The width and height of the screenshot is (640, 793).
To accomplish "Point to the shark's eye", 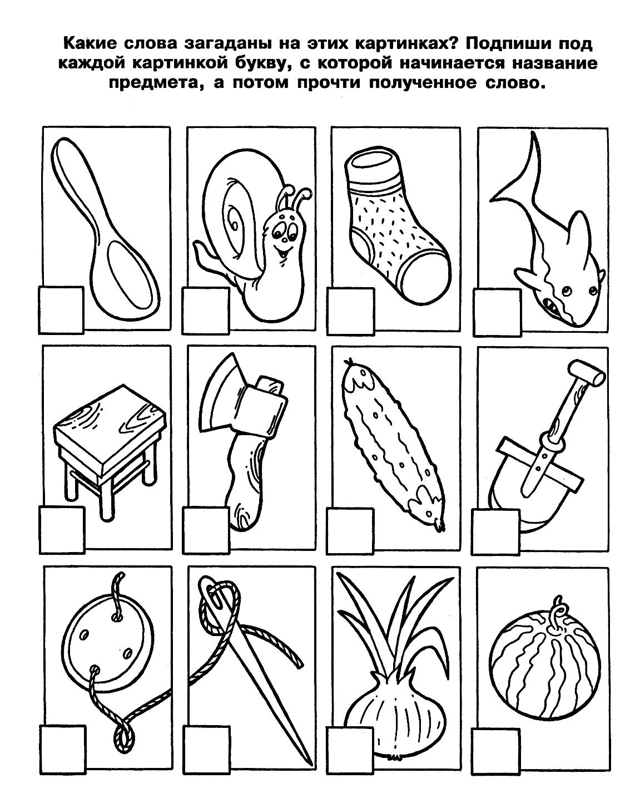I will coord(566,290).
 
